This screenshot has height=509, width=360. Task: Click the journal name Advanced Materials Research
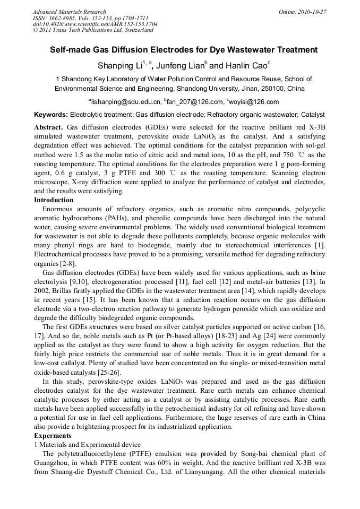click(70, 12)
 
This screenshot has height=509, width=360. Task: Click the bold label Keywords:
click(51, 115)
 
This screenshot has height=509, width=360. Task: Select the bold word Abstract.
click(48, 128)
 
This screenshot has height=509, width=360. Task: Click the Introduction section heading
click(54, 200)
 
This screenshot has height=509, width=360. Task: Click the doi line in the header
click(95, 24)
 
